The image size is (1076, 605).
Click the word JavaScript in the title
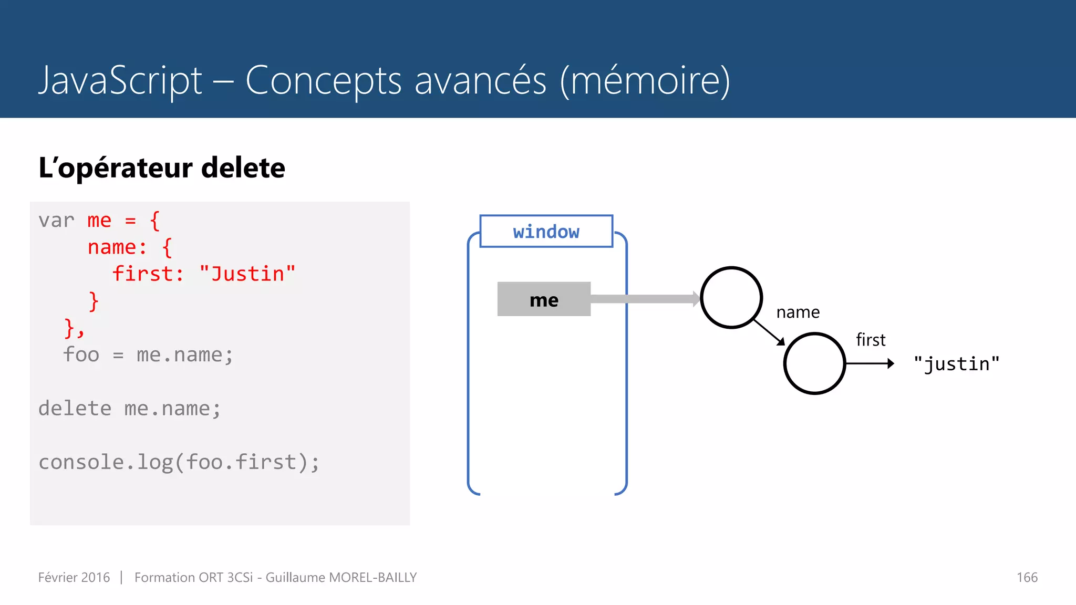coord(120,80)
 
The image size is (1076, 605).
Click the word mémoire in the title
coord(645,80)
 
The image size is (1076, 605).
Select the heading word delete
coord(243,168)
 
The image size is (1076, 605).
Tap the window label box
coord(546,231)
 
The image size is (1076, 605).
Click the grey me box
coord(544,299)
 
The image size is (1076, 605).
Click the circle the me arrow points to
coord(731,298)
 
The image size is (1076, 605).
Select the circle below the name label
coord(814,363)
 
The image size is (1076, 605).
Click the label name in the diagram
coord(798,312)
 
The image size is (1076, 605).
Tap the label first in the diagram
coord(870,340)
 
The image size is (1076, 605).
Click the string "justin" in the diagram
coord(956,363)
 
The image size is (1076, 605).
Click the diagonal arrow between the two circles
coord(769,332)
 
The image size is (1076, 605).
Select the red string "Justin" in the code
coord(247,274)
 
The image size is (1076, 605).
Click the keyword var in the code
coord(56,221)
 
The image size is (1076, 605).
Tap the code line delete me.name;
coord(129,409)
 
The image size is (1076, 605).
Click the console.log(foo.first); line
coord(179,462)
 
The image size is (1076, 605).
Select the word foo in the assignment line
coord(81,354)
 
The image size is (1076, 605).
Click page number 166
coord(1027,578)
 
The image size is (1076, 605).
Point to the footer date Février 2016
coord(74,578)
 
